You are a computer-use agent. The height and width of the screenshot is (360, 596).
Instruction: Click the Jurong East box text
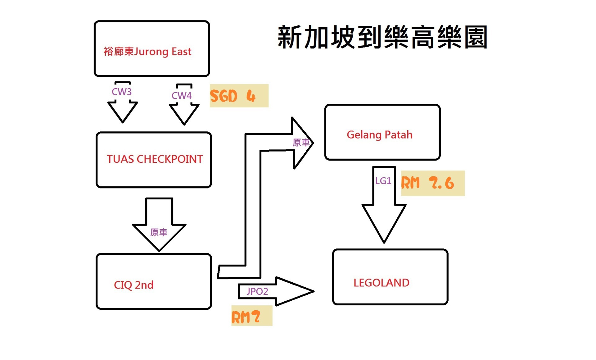point(147,52)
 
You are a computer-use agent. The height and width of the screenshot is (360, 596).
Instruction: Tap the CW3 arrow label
point(122,92)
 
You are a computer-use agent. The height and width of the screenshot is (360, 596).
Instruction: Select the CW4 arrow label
point(182,96)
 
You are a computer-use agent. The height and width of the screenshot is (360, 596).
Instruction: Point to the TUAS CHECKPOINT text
point(155,159)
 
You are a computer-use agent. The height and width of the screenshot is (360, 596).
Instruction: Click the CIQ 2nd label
point(133,285)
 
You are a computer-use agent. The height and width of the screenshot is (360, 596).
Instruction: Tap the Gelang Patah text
point(379,135)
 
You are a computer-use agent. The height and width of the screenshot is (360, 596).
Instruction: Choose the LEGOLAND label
point(381,283)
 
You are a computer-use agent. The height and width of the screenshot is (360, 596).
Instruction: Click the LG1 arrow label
point(383,181)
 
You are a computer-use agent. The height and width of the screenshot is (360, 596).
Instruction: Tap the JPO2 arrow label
point(257,291)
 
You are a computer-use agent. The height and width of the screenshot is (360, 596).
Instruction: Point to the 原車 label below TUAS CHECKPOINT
point(159,232)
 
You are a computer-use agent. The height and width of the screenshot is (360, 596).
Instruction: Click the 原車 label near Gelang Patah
point(301,143)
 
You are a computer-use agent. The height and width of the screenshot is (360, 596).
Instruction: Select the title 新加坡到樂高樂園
point(382,37)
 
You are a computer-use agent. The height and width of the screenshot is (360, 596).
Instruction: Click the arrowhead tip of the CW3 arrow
point(123,122)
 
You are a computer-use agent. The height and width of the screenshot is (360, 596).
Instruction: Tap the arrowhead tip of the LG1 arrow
point(384,242)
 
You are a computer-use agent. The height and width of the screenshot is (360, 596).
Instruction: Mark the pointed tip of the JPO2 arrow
point(313,291)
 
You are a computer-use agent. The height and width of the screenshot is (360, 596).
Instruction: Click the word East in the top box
point(181,52)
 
